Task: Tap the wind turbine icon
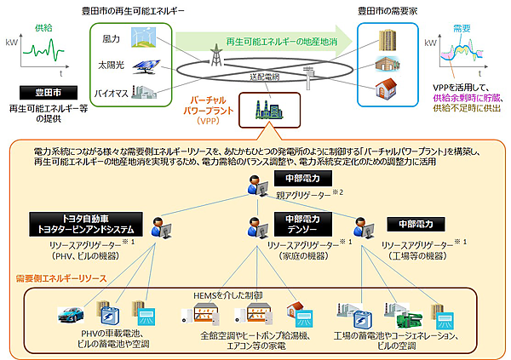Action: [142, 37]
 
